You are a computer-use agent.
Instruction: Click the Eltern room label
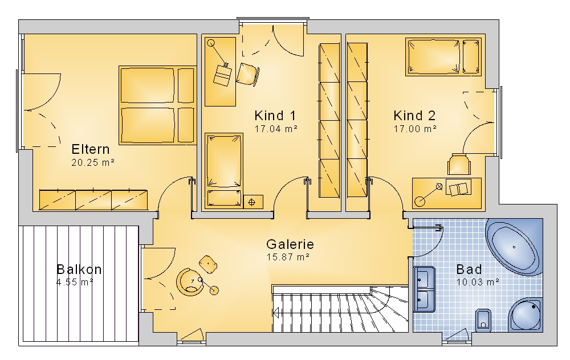coord(91,149)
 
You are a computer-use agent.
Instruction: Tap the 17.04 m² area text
coord(276,129)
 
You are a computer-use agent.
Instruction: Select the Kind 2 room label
coord(414,116)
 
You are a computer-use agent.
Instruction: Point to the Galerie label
coord(290,244)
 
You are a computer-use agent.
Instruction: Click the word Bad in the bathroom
coord(469,269)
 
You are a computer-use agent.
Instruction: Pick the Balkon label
coord(79,269)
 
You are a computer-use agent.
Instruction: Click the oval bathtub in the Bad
coord(514,247)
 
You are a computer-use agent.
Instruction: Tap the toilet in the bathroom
coord(483,320)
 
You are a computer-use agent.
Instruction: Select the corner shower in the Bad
coord(526,314)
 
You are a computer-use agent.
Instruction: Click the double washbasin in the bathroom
coord(425,289)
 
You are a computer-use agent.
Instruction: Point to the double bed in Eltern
coord(157,105)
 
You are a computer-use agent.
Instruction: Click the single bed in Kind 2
coord(443,57)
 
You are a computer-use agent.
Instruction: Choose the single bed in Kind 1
coord(224,171)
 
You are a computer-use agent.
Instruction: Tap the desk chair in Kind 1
coord(248,75)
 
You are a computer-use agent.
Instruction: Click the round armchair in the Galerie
coord(190,283)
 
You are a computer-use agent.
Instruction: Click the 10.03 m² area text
coord(478,283)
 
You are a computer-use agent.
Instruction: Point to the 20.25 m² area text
coord(93,163)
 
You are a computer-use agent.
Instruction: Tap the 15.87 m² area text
coord(288,257)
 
